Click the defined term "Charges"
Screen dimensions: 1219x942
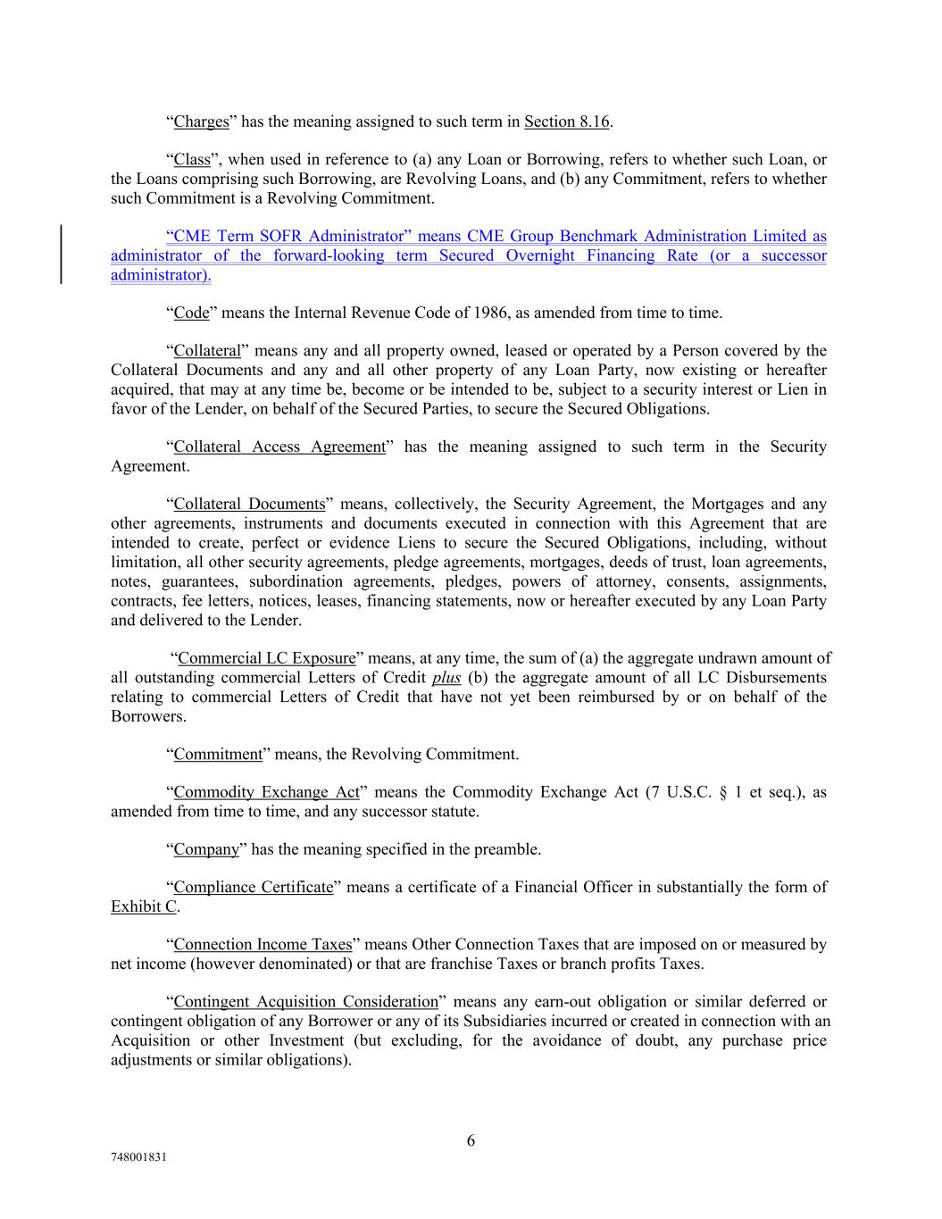point(201,121)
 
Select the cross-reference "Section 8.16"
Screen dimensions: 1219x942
point(566,121)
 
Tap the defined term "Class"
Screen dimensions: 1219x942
point(192,160)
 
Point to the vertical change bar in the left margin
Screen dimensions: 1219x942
point(61,255)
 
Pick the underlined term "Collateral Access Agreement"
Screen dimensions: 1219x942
point(279,447)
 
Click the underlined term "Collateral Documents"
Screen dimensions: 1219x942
point(249,505)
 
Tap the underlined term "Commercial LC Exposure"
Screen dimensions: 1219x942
point(267,658)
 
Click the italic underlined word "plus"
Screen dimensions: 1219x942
point(446,678)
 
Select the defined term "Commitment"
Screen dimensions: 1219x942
point(218,755)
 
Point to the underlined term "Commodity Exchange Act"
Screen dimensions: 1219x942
point(266,792)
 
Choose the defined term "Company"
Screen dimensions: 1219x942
point(206,849)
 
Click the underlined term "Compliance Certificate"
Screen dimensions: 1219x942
point(253,888)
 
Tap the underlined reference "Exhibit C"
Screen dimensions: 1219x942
point(144,906)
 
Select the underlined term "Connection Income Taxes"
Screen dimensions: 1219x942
point(263,945)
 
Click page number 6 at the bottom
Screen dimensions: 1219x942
point(471,1140)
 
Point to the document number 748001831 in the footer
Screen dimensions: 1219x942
point(139,1156)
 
